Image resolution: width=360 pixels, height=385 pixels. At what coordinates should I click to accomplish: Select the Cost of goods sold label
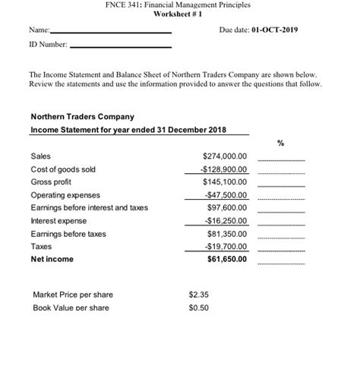pos(63,169)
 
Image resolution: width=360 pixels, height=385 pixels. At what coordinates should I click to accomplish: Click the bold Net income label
pos(52,259)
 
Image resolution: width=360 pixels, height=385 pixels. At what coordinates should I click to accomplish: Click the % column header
pos(279,141)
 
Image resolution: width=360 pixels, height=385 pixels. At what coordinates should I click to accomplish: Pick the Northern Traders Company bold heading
pos(82,117)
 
